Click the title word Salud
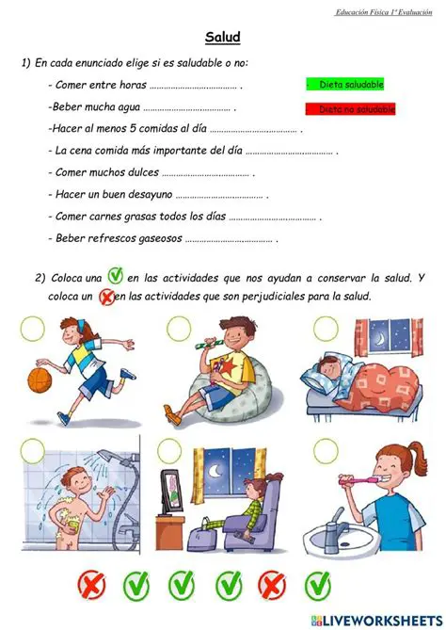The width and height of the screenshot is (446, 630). [x=223, y=38]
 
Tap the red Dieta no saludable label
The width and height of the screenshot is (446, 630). [x=351, y=109]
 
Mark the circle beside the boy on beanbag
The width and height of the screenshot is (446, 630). [x=179, y=329]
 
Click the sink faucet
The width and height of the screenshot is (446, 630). [x=333, y=521]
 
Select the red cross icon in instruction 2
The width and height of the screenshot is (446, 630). [x=106, y=297]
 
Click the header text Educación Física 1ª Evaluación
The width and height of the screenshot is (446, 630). [x=384, y=12]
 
